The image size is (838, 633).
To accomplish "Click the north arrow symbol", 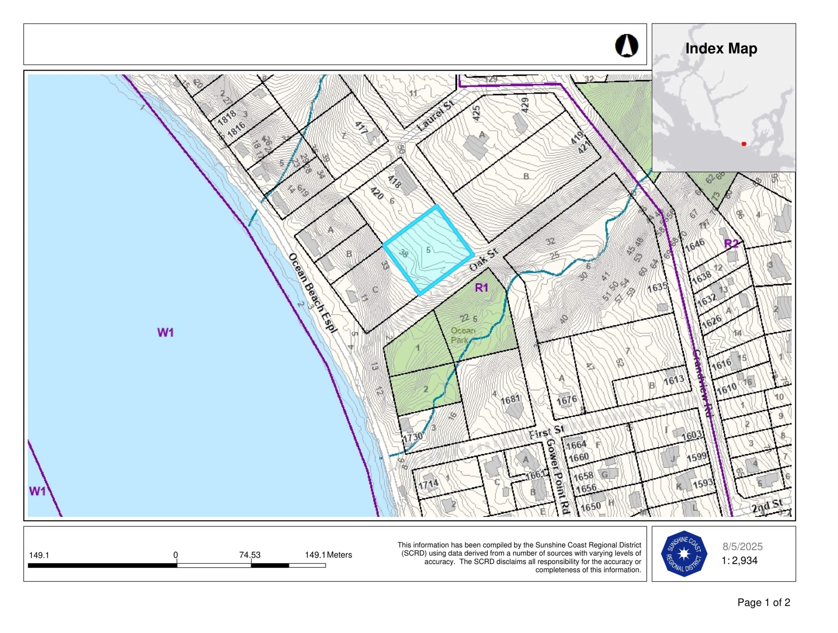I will [626, 46].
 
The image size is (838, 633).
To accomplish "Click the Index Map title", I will [721, 49].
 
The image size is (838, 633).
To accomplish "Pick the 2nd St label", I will [767, 506].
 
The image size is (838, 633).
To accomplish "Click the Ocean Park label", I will [462, 335].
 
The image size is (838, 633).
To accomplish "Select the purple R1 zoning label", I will [482, 288].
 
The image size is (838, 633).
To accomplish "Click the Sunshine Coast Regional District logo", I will [684, 554].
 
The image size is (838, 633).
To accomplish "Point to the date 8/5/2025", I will [742, 547].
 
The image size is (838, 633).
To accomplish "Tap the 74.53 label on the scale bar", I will [250, 555].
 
